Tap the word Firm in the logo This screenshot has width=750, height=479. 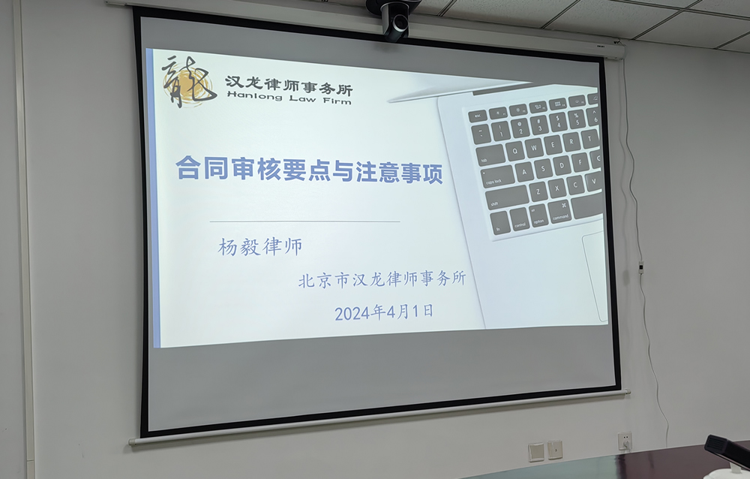tap(337, 101)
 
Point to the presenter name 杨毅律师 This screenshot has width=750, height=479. tap(260, 247)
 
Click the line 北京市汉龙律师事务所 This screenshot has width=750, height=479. tap(382, 279)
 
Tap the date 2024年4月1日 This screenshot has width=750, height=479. tap(383, 312)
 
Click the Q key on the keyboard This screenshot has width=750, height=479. tap(514, 152)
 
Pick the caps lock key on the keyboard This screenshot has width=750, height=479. tap(497, 176)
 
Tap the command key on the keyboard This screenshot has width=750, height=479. tap(560, 212)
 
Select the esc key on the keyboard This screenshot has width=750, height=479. tap(477, 116)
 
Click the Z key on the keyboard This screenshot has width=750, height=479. tap(538, 191)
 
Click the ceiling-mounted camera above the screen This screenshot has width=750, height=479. tap(394, 18)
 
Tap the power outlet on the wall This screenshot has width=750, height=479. tap(624, 441)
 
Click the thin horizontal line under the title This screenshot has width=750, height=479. tap(304, 221)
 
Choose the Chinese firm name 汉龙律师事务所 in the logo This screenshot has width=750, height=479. tap(289, 85)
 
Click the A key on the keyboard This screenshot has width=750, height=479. tap(524, 173)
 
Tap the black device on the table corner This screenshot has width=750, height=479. tap(727, 450)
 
